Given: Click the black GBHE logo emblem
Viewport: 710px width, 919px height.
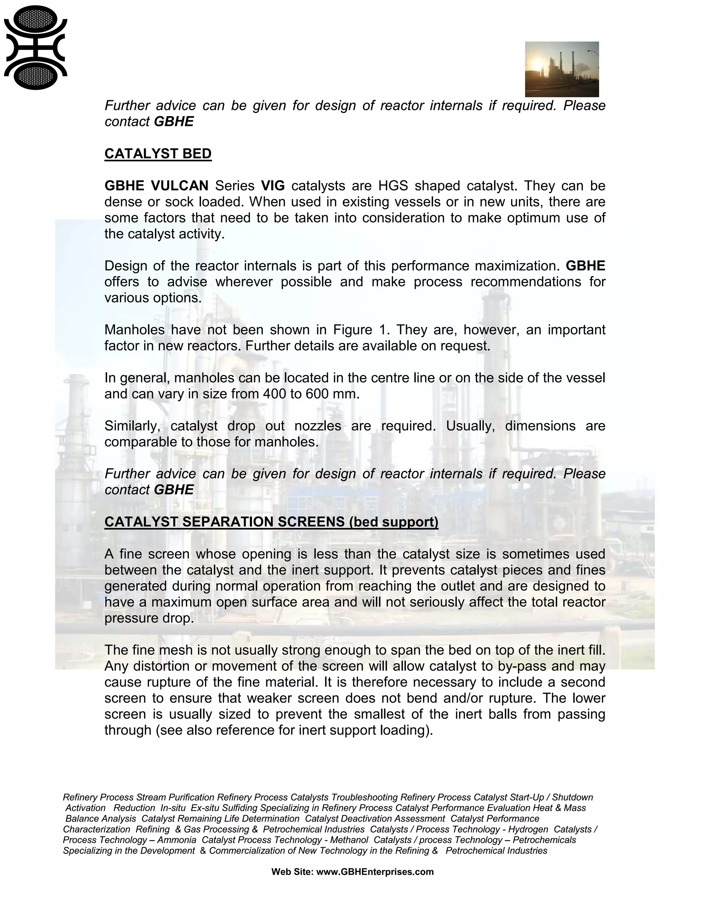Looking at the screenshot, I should tap(35, 48).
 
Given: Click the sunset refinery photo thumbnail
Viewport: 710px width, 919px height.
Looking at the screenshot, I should tap(562, 69).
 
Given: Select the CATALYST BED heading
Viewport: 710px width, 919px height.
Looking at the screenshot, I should tap(158, 154).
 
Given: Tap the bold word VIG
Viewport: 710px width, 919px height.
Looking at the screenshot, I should tap(272, 186).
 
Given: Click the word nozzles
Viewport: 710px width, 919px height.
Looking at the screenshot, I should tap(318, 426).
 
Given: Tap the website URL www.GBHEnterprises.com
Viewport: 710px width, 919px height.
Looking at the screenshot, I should tap(375, 872).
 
